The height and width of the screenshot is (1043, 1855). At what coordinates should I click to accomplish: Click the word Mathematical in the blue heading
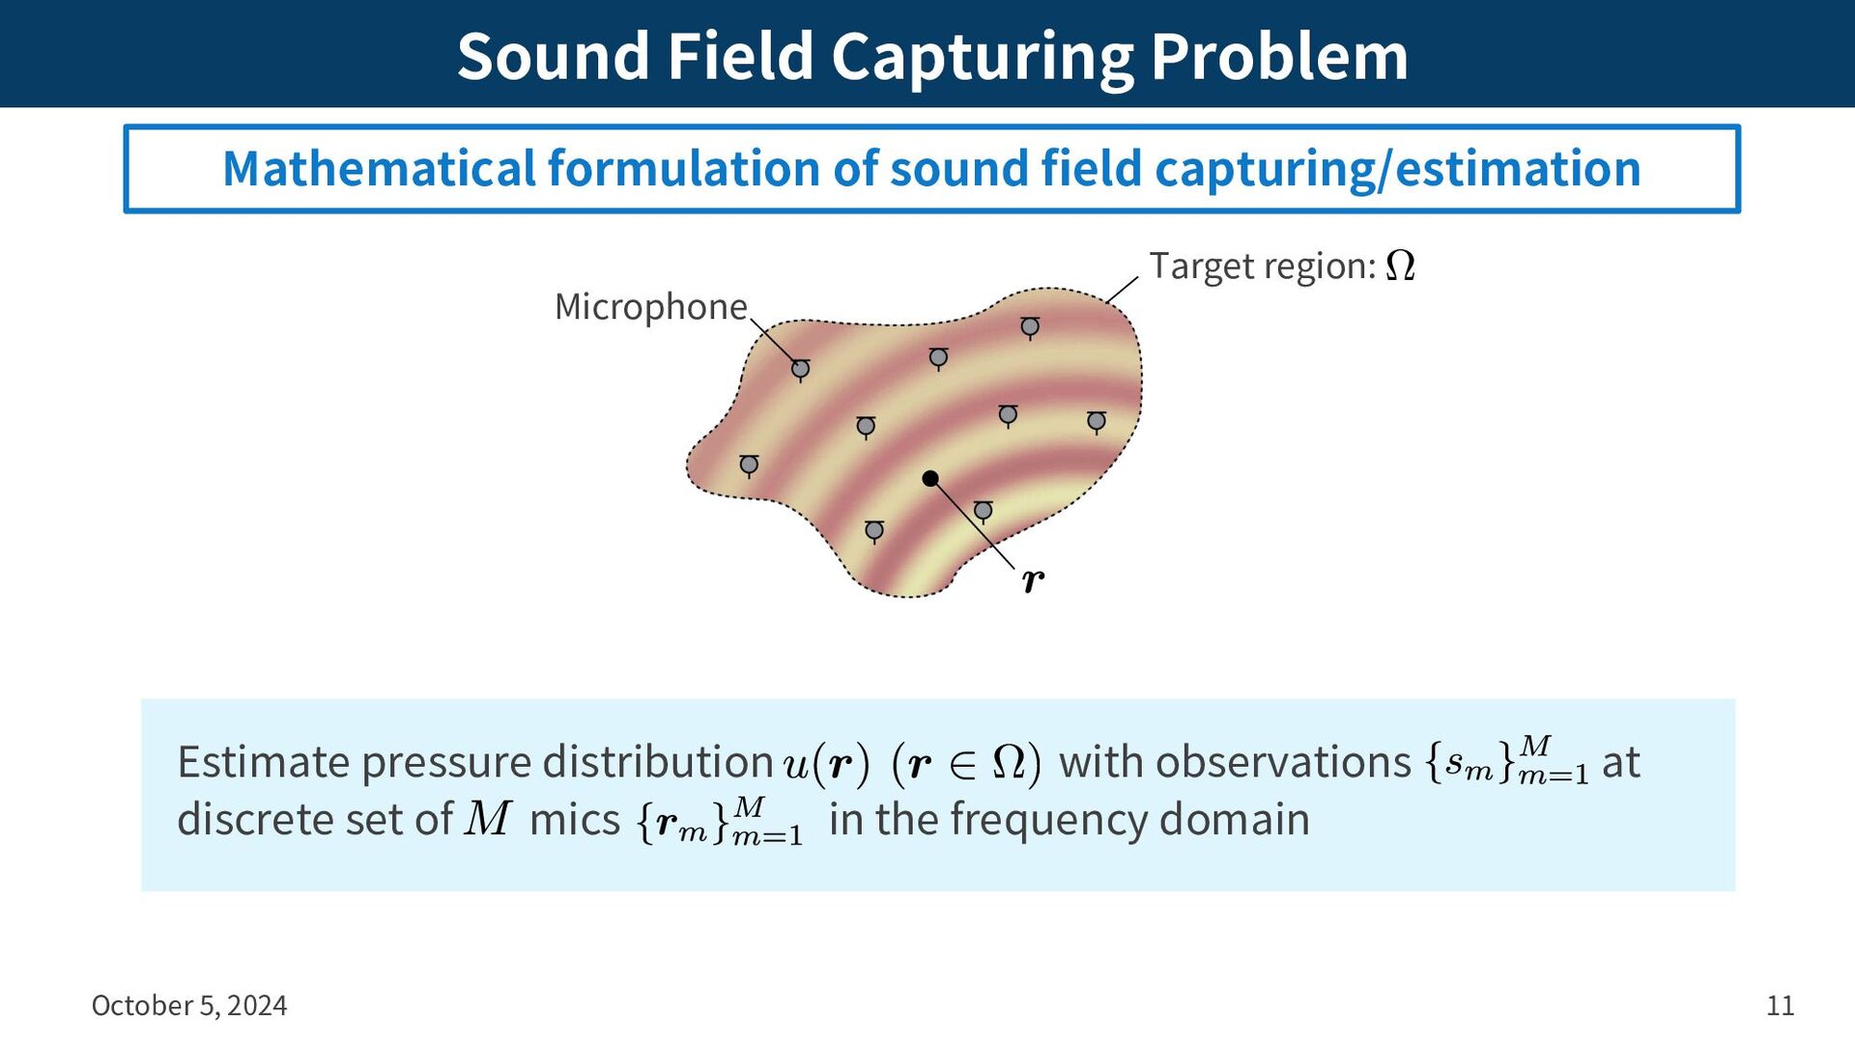pyautogui.click(x=379, y=169)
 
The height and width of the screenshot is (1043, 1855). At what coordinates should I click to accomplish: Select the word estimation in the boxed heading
pyautogui.click(x=1518, y=169)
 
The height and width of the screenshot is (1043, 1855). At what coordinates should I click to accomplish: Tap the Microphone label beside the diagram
pyautogui.click(x=650, y=306)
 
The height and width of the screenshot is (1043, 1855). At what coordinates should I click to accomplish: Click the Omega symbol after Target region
pyautogui.click(x=1400, y=266)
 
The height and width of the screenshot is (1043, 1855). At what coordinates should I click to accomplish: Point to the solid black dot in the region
pyautogui.click(x=930, y=478)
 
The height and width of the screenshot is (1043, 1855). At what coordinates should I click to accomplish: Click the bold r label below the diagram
pyautogui.click(x=1033, y=580)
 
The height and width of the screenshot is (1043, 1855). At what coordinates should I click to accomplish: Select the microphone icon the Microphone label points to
pyautogui.click(x=800, y=370)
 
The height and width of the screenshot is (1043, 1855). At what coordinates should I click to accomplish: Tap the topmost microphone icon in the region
pyautogui.click(x=1030, y=328)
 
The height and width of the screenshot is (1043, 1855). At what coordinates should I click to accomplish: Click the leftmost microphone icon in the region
pyautogui.click(x=749, y=466)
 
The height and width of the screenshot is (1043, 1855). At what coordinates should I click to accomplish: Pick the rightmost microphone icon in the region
pyautogui.click(x=1096, y=422)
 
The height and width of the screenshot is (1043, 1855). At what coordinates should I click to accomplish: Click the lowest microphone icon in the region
pyautogui.click(x=874, y=531)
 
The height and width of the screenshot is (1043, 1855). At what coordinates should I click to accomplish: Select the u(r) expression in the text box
pyautogui.click(x=827, y=764)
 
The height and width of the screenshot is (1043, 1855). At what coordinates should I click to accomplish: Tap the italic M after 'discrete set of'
pyautogui.click(x=488, y=818)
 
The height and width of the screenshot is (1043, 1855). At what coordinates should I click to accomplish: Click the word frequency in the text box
pyautogui.click(x=1049, y=821)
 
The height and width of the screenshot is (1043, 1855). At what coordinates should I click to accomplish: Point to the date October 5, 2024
pyautogui.click(x=189, y=1006)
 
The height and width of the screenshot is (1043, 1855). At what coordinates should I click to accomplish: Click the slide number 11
pyautogui.click(x=1780, y=1006)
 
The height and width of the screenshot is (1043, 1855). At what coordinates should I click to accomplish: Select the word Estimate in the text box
pyautogui.click(x=263, y=762)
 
